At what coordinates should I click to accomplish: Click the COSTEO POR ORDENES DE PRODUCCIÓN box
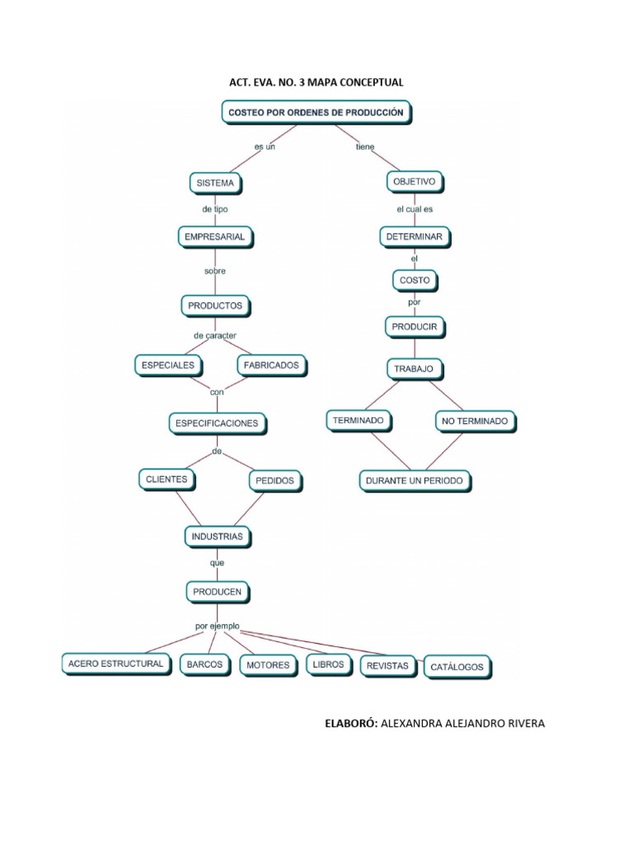point(316,113)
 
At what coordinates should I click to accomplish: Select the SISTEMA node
point(216,182)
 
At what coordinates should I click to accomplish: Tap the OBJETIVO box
point(415,180)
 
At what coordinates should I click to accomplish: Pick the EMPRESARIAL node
point(216,237)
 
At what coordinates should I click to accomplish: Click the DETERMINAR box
point(415,236)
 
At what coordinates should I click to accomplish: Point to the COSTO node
point(415,281)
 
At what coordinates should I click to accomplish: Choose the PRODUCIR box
point(415,327)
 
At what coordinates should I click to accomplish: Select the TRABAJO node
point(415,368)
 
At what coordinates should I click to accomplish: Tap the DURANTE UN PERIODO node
point(415,480)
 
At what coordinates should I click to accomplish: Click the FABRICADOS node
point(271,364)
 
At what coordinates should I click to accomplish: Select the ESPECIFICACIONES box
point(216,423)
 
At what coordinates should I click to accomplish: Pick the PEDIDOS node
point(274,480)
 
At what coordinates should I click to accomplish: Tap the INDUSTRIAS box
point(217,537)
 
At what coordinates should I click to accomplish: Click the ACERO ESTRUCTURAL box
point(115,664)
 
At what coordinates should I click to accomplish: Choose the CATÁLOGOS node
point(457,667)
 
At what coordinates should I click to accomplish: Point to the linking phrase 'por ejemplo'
point(218,626)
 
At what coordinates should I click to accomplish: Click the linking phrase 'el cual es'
point(415,209)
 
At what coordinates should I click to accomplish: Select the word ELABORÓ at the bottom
point(352,724)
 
